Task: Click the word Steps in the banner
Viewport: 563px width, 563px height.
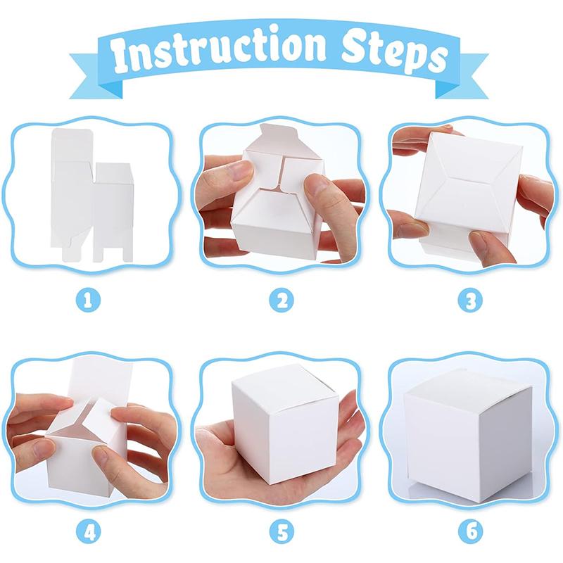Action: pos(390,53)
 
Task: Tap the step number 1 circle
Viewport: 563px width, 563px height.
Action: pos(89,301)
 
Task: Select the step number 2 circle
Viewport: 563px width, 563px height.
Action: pos(281,301)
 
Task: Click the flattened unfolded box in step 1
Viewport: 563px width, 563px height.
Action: pos(91,194)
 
